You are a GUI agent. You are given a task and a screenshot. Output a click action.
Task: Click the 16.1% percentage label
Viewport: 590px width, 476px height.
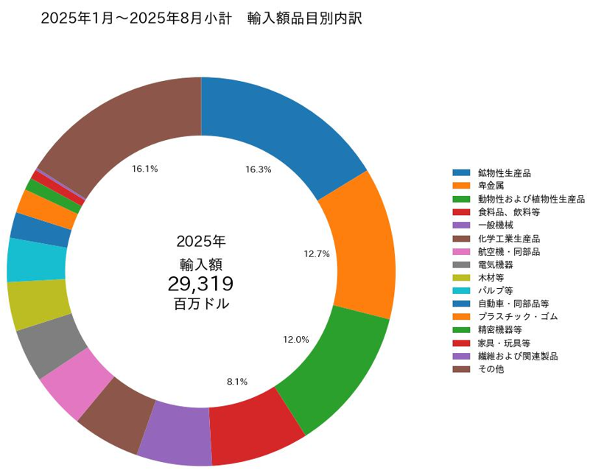click(145, 169)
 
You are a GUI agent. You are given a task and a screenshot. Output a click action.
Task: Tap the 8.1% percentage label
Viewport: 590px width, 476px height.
click(237, 382)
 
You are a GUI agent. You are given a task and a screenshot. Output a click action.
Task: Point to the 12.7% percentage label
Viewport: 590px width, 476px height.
click(316, 253)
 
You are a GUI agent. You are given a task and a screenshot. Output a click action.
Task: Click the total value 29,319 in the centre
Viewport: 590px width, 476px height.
click(200, 284)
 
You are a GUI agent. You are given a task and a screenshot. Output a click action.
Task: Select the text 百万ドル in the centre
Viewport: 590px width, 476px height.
click(200, 303)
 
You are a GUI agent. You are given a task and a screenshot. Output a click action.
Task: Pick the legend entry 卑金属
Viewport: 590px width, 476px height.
click(491, 186)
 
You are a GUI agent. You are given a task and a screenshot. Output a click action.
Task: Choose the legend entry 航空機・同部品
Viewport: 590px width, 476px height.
click(509, 251)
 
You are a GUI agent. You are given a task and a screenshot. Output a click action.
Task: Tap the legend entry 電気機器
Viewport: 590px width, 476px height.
click(496, 265)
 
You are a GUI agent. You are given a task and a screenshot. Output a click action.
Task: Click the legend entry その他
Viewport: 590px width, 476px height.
click(491, 368)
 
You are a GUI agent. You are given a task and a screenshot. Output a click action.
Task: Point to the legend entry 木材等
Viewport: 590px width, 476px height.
click(491, 278)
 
